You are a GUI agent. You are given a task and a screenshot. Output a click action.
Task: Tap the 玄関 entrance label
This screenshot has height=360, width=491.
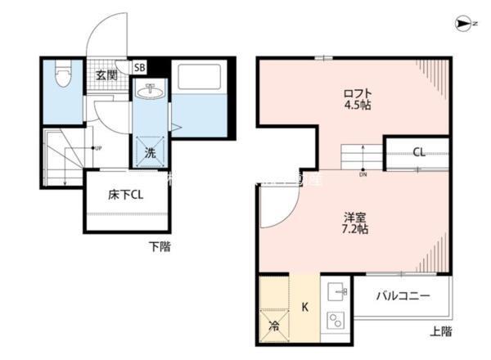107,75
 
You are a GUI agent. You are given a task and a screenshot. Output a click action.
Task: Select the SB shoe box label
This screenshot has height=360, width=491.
139,69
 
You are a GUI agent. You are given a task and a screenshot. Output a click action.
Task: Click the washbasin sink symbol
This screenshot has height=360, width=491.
150,92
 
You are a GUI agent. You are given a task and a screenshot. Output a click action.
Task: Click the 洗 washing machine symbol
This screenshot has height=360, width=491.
150,152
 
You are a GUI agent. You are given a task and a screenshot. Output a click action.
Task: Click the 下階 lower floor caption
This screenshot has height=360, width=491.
160,246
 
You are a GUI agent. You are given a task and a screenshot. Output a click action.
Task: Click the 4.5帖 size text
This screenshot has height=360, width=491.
357,106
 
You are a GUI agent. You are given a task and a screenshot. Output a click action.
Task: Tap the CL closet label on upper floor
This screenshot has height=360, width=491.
418,152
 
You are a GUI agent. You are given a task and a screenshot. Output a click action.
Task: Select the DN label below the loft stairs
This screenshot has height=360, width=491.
363,174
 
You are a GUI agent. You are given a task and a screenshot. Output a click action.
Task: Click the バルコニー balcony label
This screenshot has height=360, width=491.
402,296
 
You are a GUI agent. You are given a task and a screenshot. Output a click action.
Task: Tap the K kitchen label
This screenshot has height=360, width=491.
304,308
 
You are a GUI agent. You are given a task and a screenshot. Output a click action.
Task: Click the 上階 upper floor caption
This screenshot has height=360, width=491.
440,331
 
